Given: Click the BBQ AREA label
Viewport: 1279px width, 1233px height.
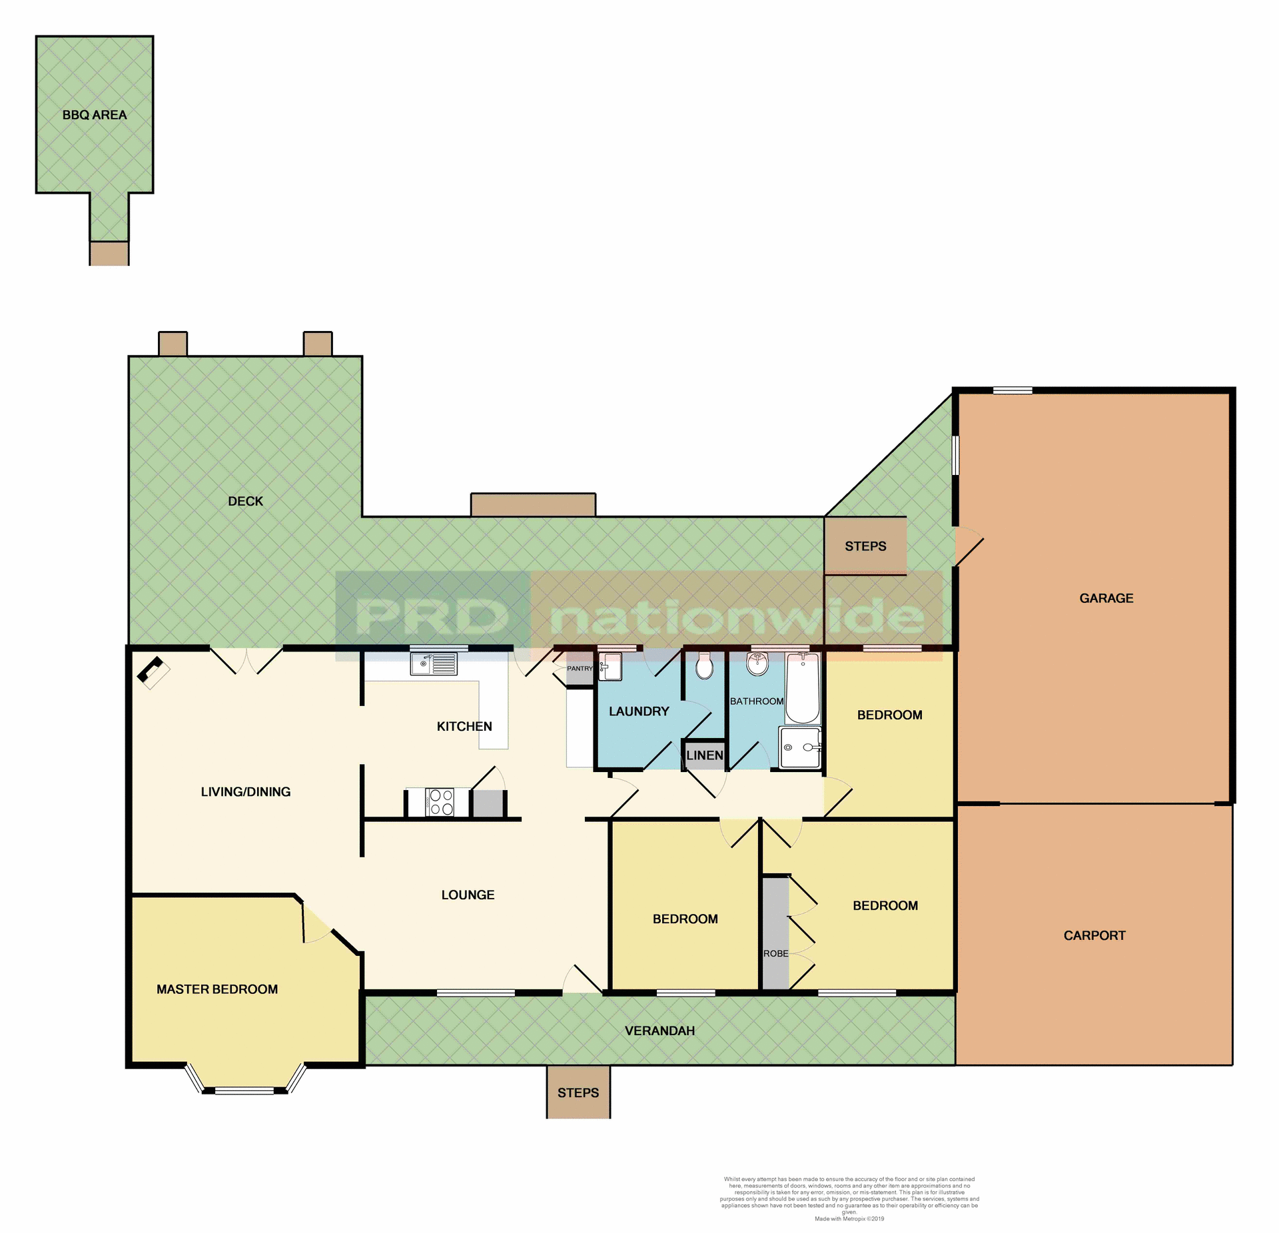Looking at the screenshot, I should (95, 115).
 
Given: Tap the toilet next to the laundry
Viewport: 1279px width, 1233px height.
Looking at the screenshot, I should (704, 666).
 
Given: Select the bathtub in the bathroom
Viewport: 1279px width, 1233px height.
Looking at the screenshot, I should (802, 689).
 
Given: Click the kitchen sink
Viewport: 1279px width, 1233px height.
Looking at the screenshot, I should (434, 663).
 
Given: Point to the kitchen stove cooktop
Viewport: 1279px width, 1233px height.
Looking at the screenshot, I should (439, 802).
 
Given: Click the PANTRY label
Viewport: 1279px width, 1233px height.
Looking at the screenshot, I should (580, 668).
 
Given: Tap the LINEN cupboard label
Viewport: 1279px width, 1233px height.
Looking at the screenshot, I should (704, 755).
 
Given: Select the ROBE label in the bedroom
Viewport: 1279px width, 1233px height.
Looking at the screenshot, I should (775, 954).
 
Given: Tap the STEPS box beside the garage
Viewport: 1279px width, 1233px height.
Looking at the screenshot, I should (865, 546).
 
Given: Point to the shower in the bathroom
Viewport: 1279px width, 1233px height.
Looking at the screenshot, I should (799, 747).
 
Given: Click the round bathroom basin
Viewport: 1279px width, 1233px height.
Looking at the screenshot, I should (757, 663).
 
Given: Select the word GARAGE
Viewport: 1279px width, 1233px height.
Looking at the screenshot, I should (1106, 598).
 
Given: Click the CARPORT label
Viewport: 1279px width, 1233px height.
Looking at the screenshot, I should (1094, 936).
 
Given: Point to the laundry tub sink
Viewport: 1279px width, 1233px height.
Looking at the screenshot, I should (610, 666).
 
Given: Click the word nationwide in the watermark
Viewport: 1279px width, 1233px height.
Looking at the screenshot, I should (736, 617).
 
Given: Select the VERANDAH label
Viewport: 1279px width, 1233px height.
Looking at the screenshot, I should (659, 1031).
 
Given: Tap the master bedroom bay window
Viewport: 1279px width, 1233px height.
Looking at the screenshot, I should (244, 1090).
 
